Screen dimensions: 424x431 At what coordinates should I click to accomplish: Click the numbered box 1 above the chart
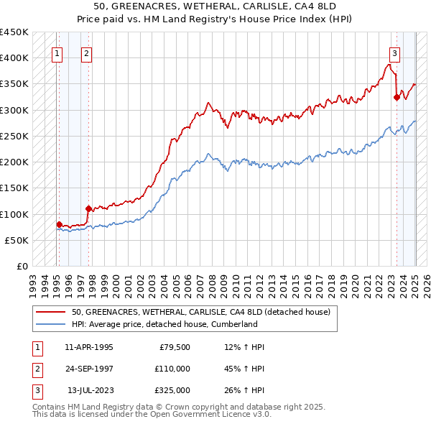click(57, 52)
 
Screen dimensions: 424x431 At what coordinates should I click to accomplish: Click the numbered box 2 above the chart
click(86, 52)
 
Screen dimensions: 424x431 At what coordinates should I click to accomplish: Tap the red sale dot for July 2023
click(397, 98)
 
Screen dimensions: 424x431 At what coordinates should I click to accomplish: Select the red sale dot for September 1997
click(88, 209)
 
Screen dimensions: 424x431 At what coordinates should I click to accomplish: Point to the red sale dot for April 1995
click(59, 224)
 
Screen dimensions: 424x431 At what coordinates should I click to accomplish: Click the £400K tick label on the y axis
click(14, 58)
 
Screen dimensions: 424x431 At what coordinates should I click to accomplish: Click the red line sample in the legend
click(51, 312)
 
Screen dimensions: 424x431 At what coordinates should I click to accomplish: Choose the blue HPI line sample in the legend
click(51, 324)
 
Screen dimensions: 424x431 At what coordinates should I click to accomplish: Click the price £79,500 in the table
click(172, 347)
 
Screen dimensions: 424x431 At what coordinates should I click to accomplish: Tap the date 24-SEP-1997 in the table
click(89, 369)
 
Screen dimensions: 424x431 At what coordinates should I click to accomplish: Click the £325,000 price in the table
click(172, 390)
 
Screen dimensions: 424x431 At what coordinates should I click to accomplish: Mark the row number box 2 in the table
click(37, 369)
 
